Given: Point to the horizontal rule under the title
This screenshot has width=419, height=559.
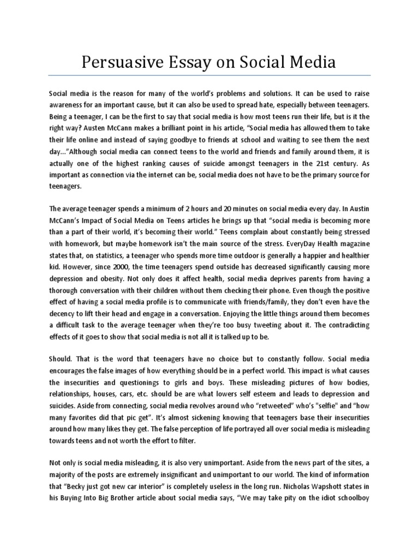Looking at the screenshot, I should click(209, 75).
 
